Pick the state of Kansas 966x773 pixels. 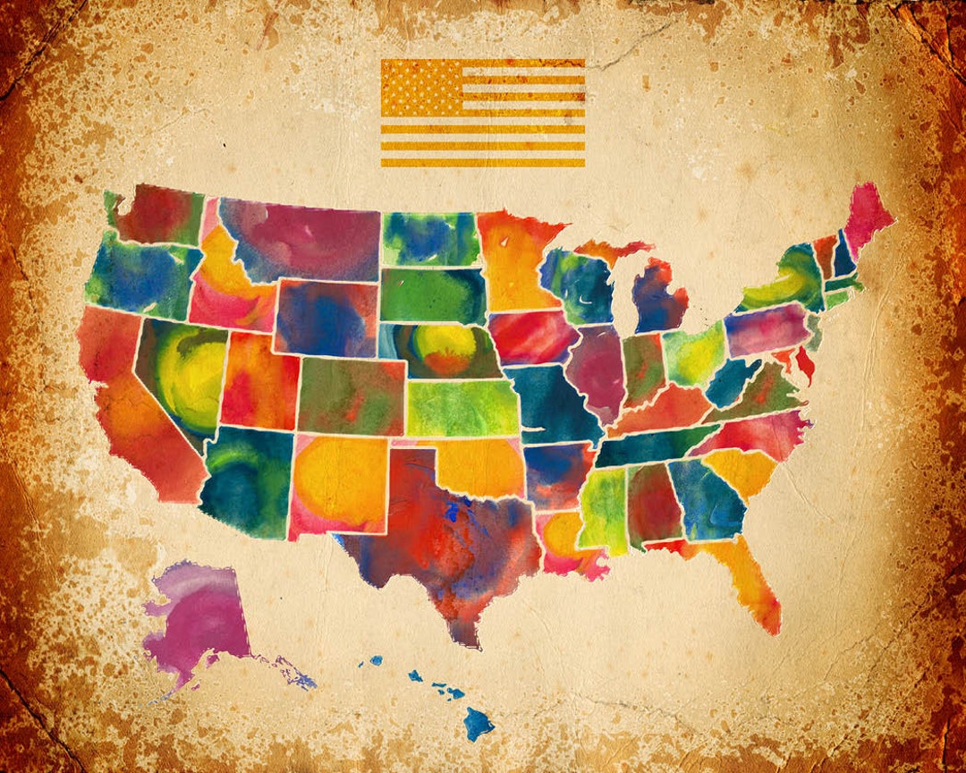(461, 408)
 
